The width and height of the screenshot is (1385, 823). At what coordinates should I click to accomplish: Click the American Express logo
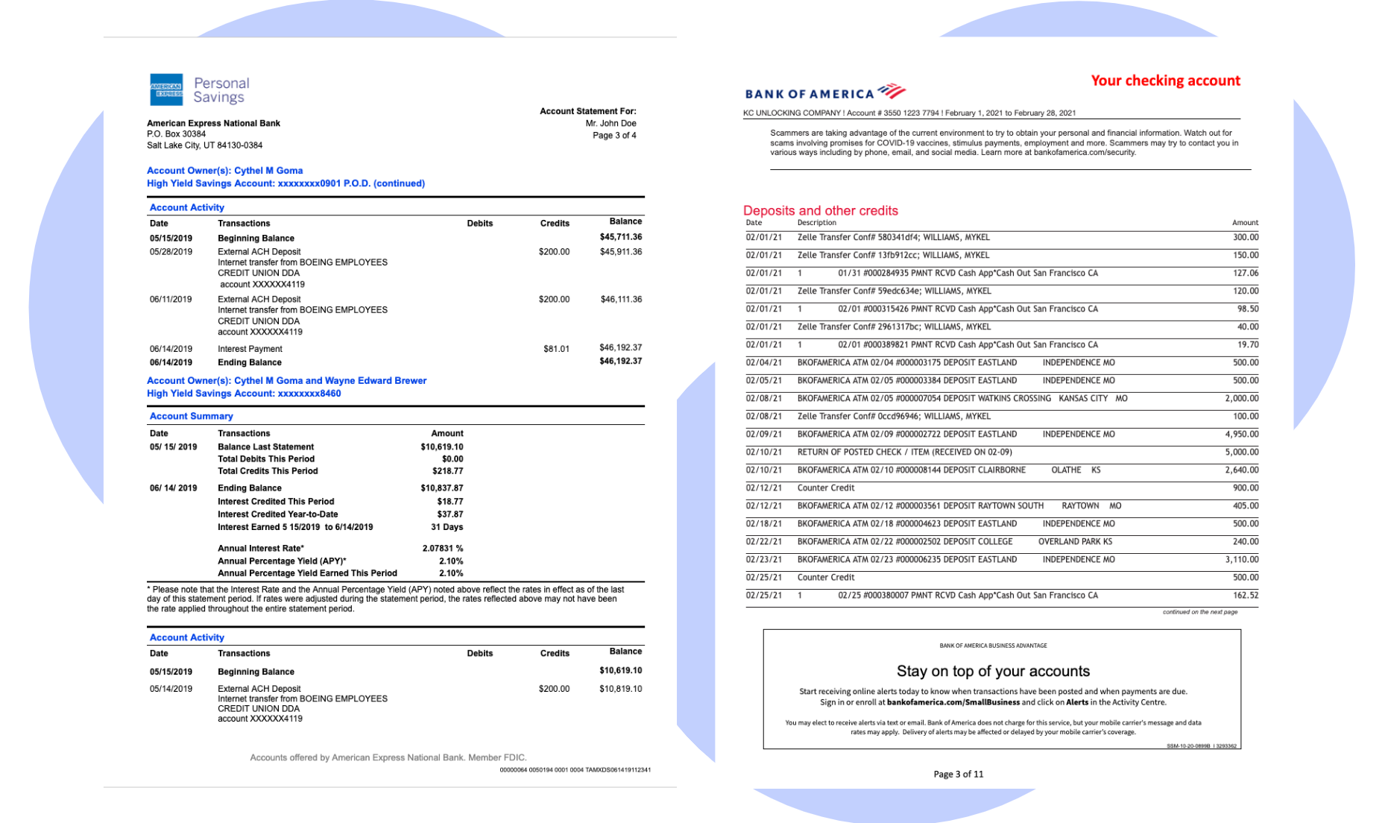pos(166,90)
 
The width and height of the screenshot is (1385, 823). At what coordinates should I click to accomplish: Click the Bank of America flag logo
pos(892,91)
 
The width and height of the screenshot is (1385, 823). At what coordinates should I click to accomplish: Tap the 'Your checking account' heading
pos(1165,81)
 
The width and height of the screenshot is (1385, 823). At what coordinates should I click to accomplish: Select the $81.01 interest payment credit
pos(556,349)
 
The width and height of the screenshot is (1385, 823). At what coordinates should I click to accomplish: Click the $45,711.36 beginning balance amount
pos(620,237)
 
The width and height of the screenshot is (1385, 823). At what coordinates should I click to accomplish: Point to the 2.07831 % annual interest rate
pos(442,549)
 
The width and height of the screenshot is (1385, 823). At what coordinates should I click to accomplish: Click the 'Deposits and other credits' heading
pos(820,211)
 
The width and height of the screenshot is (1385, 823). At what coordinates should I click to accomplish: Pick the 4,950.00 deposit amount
pos(1241,435)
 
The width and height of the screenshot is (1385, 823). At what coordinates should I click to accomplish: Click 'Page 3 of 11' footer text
pos(958,775)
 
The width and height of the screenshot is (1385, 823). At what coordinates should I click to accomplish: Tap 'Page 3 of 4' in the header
pos(614,136)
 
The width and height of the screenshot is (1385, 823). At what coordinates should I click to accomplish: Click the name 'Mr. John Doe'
pos(611,124)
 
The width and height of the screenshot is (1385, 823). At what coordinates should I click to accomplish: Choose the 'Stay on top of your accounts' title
pos(992,671)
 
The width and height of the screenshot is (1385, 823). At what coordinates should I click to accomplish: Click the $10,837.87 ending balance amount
pos(441,488)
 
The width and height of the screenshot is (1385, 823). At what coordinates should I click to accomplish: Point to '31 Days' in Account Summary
pos(447,527)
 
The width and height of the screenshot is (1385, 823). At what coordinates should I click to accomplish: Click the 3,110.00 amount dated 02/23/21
pos(1241,560)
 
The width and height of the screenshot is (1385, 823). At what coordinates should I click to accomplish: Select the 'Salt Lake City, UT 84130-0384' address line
pos(204,145)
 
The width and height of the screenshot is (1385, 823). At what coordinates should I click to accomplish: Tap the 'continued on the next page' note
pos(1199,612)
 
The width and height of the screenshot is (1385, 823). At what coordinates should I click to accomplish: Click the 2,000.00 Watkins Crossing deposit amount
pos(1241,399)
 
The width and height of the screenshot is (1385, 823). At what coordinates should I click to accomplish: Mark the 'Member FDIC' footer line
pos(388,757)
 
